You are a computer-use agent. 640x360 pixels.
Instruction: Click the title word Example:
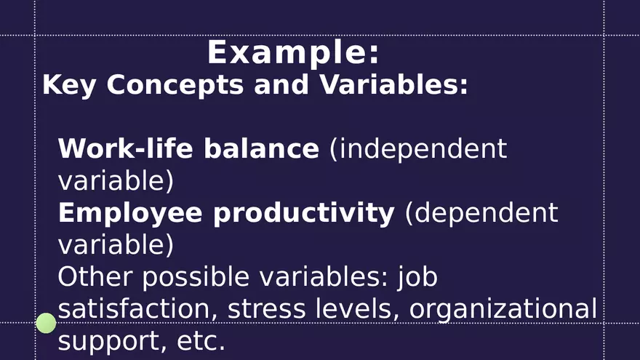pyautogui.click(x=293, y=52)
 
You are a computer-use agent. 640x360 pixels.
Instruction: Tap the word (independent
pyautogui.click(x=418, y=149)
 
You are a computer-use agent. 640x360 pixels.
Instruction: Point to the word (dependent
pyautogui.click(x=481, y=213)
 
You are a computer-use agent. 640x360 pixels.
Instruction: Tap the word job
pyautogui.click(x=417, y=277)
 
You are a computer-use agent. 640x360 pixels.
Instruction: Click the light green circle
pyautogui.click(x=46, y=323)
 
